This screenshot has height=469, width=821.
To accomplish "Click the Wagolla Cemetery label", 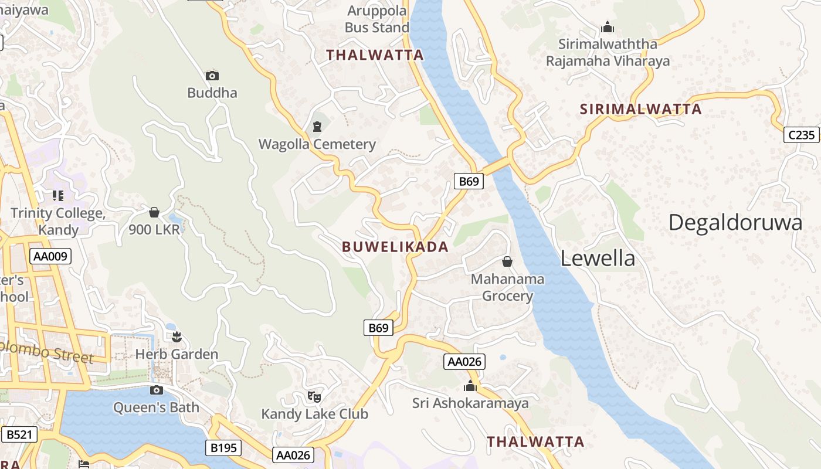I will [x=317, y=144].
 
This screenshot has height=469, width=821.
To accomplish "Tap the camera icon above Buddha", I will [x=212, y=76].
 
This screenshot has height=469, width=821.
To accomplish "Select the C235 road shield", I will [x=801, y=135].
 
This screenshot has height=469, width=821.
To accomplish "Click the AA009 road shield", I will [x=51, y=256].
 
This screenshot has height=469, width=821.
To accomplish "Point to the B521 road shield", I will [x=19, y=434].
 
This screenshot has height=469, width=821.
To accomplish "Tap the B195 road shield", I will [x=223, y=448].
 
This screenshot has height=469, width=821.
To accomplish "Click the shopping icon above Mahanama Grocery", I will [x=507, y=261].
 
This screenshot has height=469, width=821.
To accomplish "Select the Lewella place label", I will [x=598, y=259].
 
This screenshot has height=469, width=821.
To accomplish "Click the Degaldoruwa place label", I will [x=735, y=223].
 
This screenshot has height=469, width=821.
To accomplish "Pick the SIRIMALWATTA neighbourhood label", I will [x=640, y=109].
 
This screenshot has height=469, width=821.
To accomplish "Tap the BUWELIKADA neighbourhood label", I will [x=395, y=247].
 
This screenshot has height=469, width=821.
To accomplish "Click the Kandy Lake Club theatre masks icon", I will [x=315, y=397].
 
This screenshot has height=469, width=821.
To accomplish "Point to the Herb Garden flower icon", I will [x=177, y=337].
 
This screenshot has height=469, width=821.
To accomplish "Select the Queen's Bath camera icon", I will [x=156, y=390].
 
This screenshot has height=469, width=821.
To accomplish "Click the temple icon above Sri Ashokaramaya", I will [x=470, y=386].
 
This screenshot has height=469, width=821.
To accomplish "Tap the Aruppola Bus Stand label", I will [x=377, y=19].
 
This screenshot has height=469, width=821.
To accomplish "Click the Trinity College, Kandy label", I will [x=57, y=221].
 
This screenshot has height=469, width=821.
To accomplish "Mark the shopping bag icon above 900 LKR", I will [x=154, y=212].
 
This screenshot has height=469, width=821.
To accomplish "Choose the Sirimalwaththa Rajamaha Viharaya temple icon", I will [x=608, y=27].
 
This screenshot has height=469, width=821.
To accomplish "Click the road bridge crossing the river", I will [x=497, y=166].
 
